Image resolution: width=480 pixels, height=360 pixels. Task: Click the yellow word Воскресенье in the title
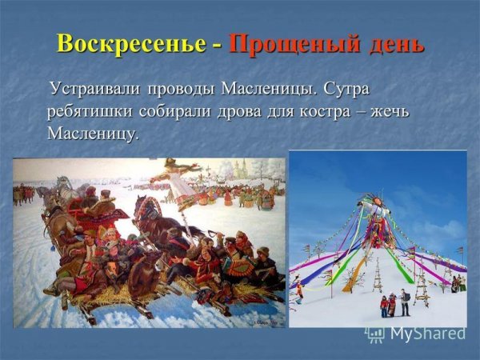[131, 44]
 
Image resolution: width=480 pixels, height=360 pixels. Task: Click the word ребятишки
[90, 112]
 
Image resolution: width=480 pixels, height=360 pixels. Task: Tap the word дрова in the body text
[240, 112]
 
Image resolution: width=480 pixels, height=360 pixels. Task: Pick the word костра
[325, 113]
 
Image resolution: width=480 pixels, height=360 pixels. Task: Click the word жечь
[390, 112]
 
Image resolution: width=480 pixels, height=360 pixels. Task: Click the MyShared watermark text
[428, 333]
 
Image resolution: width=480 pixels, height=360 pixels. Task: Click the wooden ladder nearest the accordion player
[422, 287]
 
